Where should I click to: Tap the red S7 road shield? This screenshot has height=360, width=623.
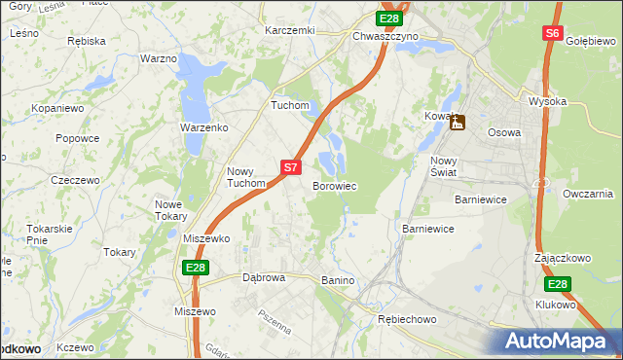(290, 167)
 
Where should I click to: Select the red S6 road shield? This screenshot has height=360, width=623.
(552, 33)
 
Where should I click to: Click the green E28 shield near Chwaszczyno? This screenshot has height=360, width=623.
(389, 18)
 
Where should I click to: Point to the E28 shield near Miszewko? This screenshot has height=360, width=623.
(195, 267)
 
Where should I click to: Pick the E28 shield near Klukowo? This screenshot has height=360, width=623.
(557, 284)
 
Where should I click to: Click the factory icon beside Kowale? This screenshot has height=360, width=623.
(457, 123)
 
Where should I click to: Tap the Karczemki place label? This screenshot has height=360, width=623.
(290, 31)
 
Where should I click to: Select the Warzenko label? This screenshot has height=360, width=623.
(203, 127)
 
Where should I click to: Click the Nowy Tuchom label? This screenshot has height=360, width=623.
(245, 176)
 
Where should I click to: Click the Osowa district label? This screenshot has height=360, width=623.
(504, 132)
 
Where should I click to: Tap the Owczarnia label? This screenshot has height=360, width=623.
(587, 194)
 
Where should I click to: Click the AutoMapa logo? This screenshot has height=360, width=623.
(558, 342)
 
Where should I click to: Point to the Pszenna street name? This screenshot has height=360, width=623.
(275, 322)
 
